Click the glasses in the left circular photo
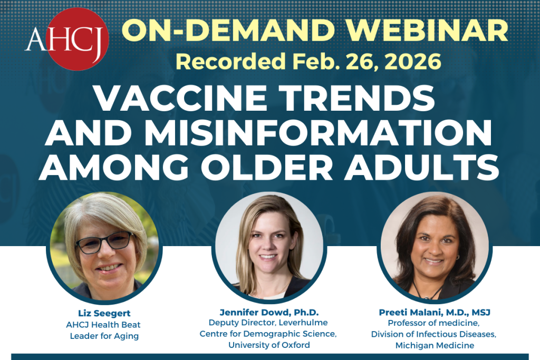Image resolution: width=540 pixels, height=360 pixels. coord(104,242)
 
